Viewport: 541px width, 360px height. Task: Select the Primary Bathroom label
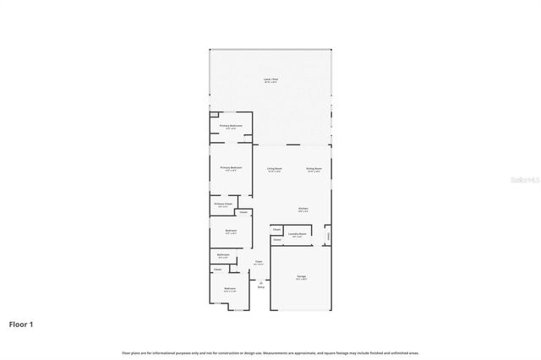(x=232, y=127)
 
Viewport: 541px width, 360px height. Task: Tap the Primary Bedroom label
(x=232, y=168)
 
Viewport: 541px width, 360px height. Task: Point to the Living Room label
(x=274, y=168)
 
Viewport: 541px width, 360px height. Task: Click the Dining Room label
(x=314, y=168)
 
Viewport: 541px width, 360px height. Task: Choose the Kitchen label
(x=303, y=210)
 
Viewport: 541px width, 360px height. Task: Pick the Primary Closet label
(x=223, y=204)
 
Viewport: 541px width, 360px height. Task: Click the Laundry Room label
(x=297, y=235)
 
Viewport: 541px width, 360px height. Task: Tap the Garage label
(x=301, y=275)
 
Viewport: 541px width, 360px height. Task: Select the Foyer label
(x=258, y=262)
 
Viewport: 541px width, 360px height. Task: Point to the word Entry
(x=260, y=287)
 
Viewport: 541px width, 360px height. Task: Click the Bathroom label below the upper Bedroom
(x=223, y=255)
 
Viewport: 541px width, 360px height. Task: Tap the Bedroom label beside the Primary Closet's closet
(x=230, y=231)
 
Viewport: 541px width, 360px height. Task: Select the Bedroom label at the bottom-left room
(x=229, y=289)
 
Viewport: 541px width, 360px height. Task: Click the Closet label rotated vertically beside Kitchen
(x=329, y=236)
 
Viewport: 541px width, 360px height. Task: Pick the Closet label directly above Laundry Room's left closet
(x=276, y=229)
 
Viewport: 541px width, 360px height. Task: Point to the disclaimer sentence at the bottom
(x=270, y=352)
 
